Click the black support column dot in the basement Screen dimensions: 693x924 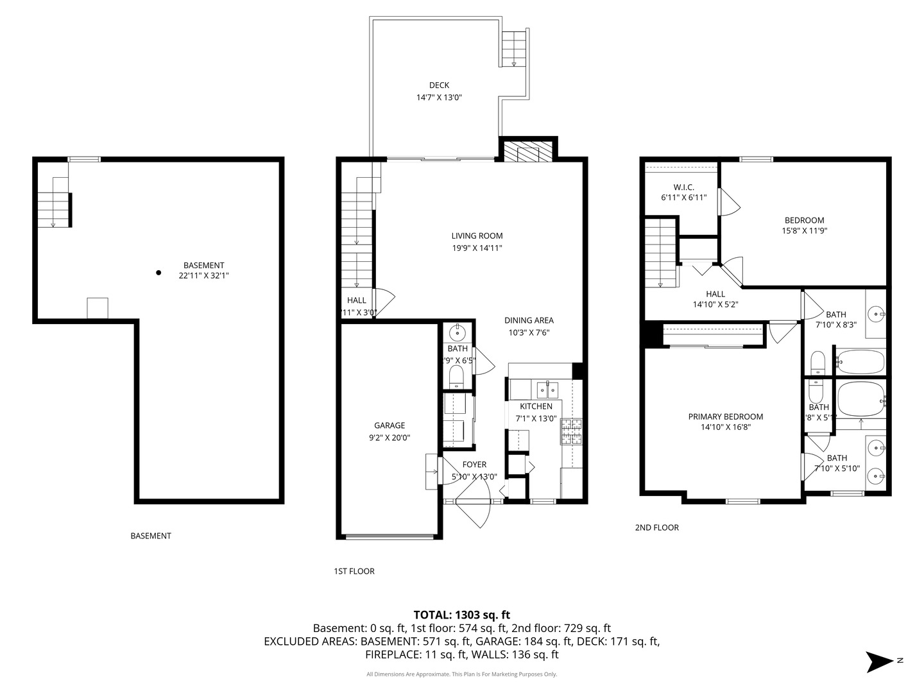(158, 273)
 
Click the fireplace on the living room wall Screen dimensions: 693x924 (528, 153)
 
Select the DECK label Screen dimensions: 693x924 (439, 85)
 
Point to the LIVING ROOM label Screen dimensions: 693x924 (477, 236)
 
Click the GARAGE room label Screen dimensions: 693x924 (389, 425)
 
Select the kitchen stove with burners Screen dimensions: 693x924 (572, 432)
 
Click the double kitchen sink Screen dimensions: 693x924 (547, 389)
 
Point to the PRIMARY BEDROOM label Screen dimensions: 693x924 (726, 417)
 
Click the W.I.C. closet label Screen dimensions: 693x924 (683, 187)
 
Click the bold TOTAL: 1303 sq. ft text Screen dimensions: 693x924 (461, 615)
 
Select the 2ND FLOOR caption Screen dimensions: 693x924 (656, 527)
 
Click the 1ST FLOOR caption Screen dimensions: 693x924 (354, 571)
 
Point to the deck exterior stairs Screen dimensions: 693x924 (513, 49)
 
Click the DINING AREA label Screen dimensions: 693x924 (529, 321)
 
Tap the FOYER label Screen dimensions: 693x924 (474, 465)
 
